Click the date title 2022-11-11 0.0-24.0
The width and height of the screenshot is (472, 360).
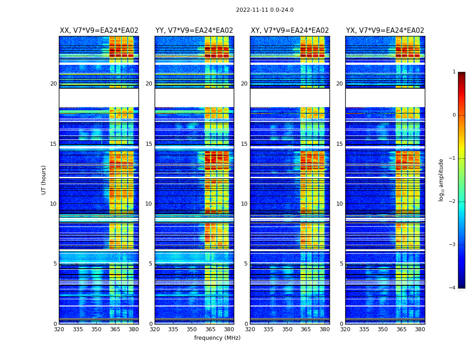pos(264,10)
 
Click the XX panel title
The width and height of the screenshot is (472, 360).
pos(99,31)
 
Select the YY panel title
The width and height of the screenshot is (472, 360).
pos(194,31)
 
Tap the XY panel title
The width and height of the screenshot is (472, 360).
pos(289,31)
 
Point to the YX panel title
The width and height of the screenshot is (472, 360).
pos(385,31)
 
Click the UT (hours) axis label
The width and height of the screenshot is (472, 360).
pos(44,180)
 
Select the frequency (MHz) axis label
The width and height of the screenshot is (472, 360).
pos(217,338)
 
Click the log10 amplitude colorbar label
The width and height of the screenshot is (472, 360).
pos(441,180)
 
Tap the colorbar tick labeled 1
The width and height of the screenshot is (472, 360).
pos(454,72)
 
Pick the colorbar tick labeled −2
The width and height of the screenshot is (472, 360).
pos(453,202)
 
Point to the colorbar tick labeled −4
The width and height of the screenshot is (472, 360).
pos(453,288)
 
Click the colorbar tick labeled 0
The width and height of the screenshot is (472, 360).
pos(454,115)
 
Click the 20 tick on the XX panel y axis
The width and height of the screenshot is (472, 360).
pos(53,84)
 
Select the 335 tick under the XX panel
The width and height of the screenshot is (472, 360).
pos(78,329)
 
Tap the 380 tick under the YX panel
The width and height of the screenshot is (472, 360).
pos(420,329)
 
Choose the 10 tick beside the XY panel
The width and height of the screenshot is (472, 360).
pos(244,204)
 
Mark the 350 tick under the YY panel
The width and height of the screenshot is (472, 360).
pos(192,329)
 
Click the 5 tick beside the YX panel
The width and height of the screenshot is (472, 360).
pos(342,264)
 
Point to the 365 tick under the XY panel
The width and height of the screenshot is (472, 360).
pos(306,329)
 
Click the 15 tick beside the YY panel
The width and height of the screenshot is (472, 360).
pos(149,144)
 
